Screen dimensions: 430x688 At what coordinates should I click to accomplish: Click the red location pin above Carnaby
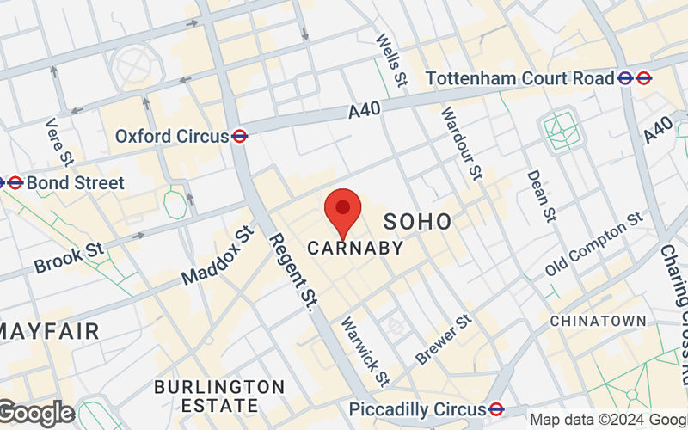[x=343, y=209]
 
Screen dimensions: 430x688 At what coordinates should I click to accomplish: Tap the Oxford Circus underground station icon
[x=240, y=136]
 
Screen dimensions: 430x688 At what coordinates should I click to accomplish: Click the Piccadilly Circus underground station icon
[x=496, y=408]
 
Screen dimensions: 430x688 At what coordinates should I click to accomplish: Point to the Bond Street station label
[x=75, y=183]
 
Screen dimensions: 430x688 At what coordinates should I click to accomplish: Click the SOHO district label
[x=417, y=221]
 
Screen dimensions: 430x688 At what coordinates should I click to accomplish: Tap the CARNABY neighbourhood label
[x=355, y=249]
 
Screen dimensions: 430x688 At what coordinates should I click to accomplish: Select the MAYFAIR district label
[x=49, y=330]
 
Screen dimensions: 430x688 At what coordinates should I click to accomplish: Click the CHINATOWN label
[x=598, y=321]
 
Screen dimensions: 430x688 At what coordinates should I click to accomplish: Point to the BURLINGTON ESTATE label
[x=218, y=396]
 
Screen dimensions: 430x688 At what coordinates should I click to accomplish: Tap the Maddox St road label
[x=219, y=255]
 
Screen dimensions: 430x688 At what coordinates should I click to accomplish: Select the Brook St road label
[x=69, y=256]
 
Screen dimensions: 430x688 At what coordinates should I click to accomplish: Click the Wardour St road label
[x=462, y=143]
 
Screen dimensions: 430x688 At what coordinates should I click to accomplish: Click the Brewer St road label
[x=445, y=338]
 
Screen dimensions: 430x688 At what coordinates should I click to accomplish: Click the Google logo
[x=36, y=414]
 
